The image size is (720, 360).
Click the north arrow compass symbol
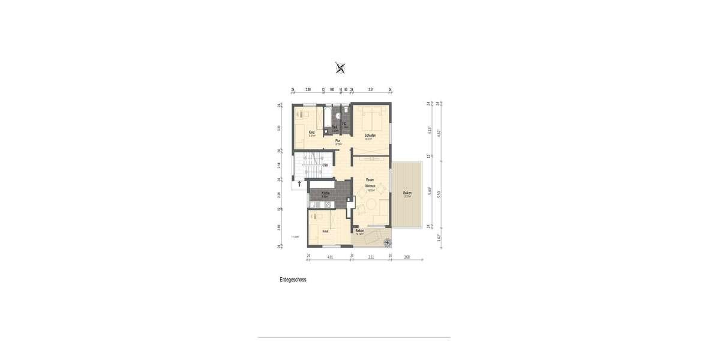pyautogui.click(x=340, y=68)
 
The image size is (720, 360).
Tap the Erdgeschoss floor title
pyautogui.click(x=293, y=280)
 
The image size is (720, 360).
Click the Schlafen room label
pyautogui.click(x=370, y=136)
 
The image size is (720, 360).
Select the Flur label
pyautogui.click(x=338, y=141)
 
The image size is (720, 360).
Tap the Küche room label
pyautogui.click(x=325, y=193)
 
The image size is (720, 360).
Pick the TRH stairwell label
pyautogui.click(x=325, y=166)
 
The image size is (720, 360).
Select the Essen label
pyautogui.click(x=370, y=180)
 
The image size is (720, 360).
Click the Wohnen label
pyautogui.click(x=370, y=187)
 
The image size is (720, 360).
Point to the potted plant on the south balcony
pyautogui.click(x=387, y=242)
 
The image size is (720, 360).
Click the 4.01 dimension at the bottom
pyautogui.click(x=329, y=256)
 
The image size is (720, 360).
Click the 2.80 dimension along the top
pyautogui.click(x=308, y=89)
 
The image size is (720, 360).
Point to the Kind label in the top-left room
pyautogui.click(x=311, y=132)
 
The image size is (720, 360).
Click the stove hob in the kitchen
pyautogui.click(x=327, y=206)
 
